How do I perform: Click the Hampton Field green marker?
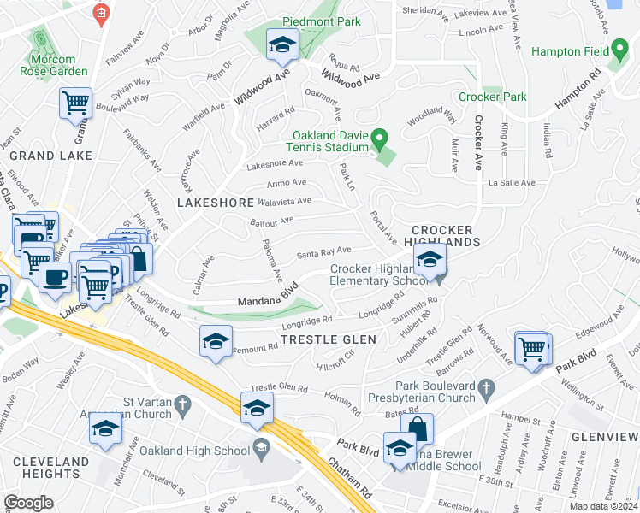coord(619,51)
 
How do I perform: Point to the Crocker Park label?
coord(492,97)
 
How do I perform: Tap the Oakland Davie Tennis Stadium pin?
coord(382,136)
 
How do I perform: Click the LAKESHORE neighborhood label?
coord(215,203)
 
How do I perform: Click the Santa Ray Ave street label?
coord(323,251)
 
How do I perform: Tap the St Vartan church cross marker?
coord(181,403)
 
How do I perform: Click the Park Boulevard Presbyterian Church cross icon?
coord(487,389)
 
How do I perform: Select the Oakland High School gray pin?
coord(260,446)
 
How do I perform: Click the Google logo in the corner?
coord(28,503)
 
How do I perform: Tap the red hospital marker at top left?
coord(102,15)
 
